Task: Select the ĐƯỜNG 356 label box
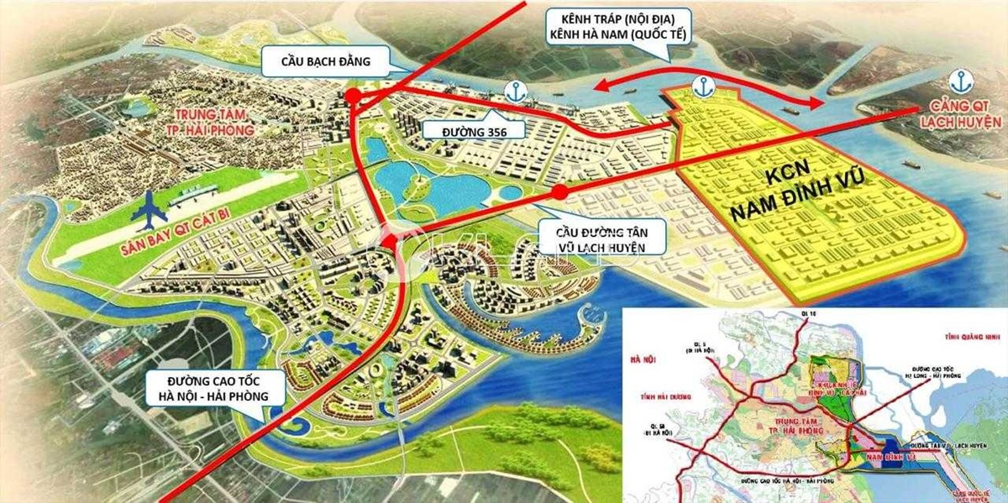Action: pos(473,130)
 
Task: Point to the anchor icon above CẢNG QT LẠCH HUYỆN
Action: pos(958,81)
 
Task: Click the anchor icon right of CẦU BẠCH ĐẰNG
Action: pos(510,89)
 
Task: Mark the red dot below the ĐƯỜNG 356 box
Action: pos(558,192)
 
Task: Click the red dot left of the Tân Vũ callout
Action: pos(389,243)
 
